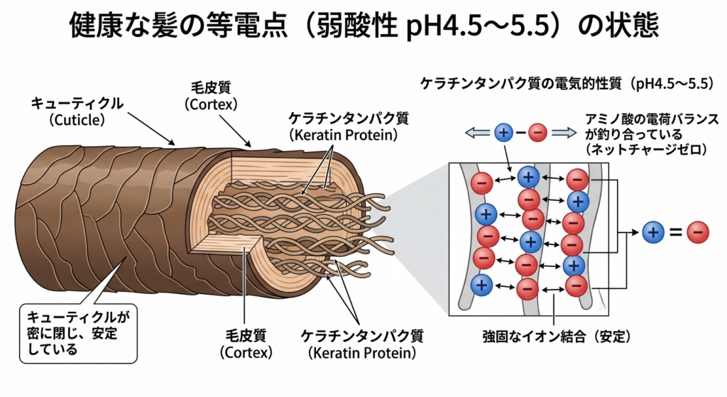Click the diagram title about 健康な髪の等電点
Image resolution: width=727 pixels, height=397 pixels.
point(363,25)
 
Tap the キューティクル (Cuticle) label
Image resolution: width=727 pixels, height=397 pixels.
point(77,112)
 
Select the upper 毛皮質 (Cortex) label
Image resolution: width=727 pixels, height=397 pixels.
point(210,96)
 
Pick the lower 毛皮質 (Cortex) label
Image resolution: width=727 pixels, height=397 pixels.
point(246,344)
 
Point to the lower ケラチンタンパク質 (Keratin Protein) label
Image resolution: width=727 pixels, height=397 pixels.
point(362,344)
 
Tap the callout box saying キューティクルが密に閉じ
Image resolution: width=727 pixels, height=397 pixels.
point(78,333)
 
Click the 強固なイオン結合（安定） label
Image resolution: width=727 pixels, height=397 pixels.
point(557,336)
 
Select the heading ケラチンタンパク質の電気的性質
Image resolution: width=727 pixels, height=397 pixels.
point(569,84)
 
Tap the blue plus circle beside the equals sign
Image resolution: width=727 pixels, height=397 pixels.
point(653,232)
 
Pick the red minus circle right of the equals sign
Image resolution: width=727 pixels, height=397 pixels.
point(698,232)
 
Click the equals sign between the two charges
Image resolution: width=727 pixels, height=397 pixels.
point(676,232)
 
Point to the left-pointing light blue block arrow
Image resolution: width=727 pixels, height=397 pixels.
point(478,133)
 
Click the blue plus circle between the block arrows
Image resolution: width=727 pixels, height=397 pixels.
point(503,133)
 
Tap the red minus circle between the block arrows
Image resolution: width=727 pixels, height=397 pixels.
point(538,133)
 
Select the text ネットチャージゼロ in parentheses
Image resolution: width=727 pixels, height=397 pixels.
point(646,149)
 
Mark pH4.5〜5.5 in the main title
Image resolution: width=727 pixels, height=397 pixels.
point(481,26)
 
